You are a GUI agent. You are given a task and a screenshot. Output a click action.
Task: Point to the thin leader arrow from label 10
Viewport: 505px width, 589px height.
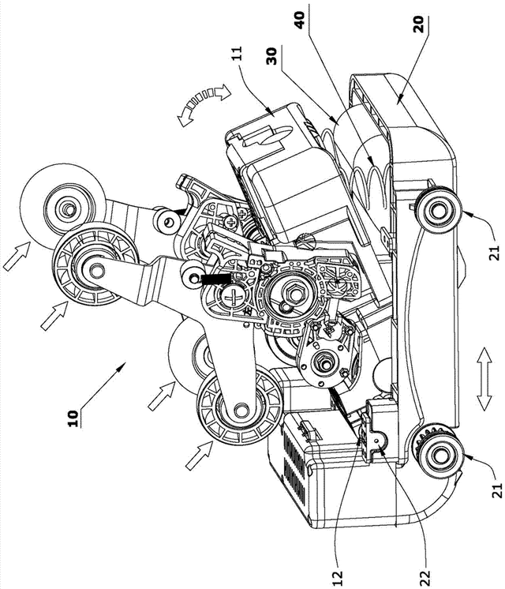coord(102,387)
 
